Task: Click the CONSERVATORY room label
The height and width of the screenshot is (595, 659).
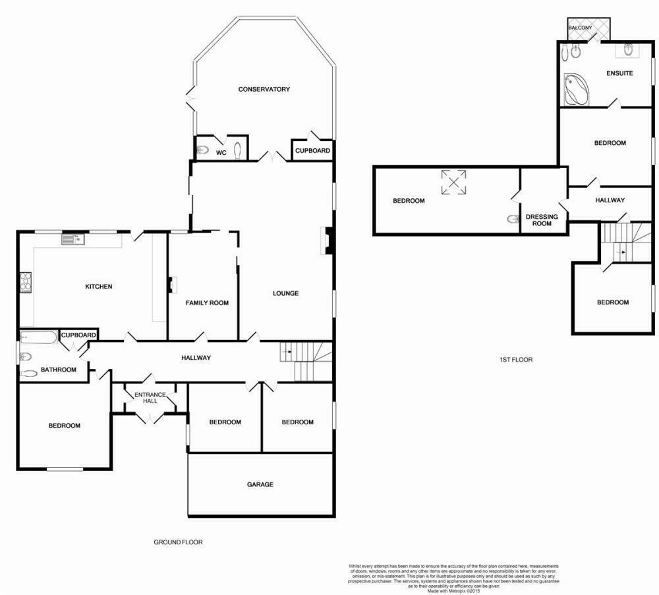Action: point(264,89)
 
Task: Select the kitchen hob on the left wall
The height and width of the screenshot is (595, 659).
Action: point(26,282)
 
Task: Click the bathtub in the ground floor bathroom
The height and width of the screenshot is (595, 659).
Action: point(38,338)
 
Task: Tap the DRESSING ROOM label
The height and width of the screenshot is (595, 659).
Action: point(541,220)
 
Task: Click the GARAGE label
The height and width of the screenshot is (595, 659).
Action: point(260,484)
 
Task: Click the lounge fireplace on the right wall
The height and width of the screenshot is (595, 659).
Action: point(327,241)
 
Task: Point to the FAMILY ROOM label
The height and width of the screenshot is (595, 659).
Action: point(207,303)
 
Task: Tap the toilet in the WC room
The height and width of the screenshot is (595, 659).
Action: point(204,150)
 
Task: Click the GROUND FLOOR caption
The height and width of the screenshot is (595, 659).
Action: point(178,542)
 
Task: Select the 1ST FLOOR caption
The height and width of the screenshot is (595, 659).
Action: point(516,360)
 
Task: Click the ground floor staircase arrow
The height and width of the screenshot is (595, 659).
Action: point(285,353)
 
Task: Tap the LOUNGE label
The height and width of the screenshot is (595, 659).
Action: point(286,293)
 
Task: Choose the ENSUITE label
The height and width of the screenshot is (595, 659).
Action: point(619,73)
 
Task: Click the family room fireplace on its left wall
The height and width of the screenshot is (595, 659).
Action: point(172,284)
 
